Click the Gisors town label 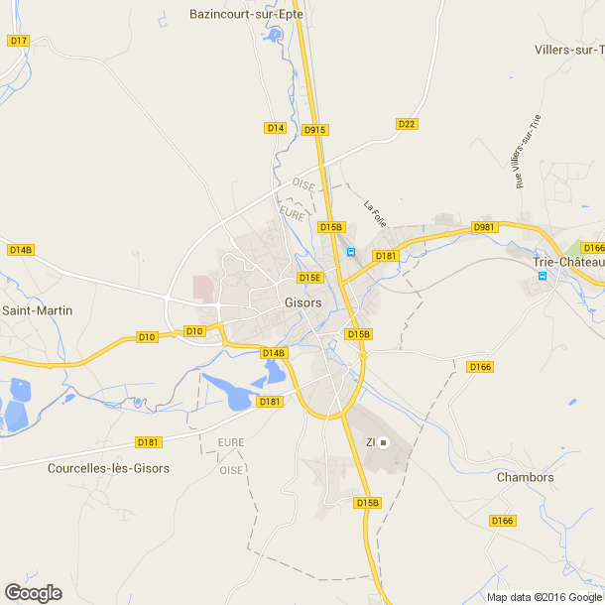click(302, 302)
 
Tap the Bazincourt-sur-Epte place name click(247, 15)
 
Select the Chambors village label click(525, 477)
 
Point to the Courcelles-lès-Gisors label click(108, 468)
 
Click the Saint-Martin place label click(37, 310)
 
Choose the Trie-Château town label click(568, 262)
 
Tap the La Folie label click(374, 214)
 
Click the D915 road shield click(314, 130)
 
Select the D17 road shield click(18, 41)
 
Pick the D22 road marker click(406, 124)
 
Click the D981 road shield click(484, 227)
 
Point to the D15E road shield click(310, 278)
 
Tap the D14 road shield click(275, 128)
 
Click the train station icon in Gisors click(350, 253)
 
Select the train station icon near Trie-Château click(542, 276)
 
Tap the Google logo click(33, 593)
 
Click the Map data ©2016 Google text click(544, 597)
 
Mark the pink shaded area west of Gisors click(203, 288)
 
